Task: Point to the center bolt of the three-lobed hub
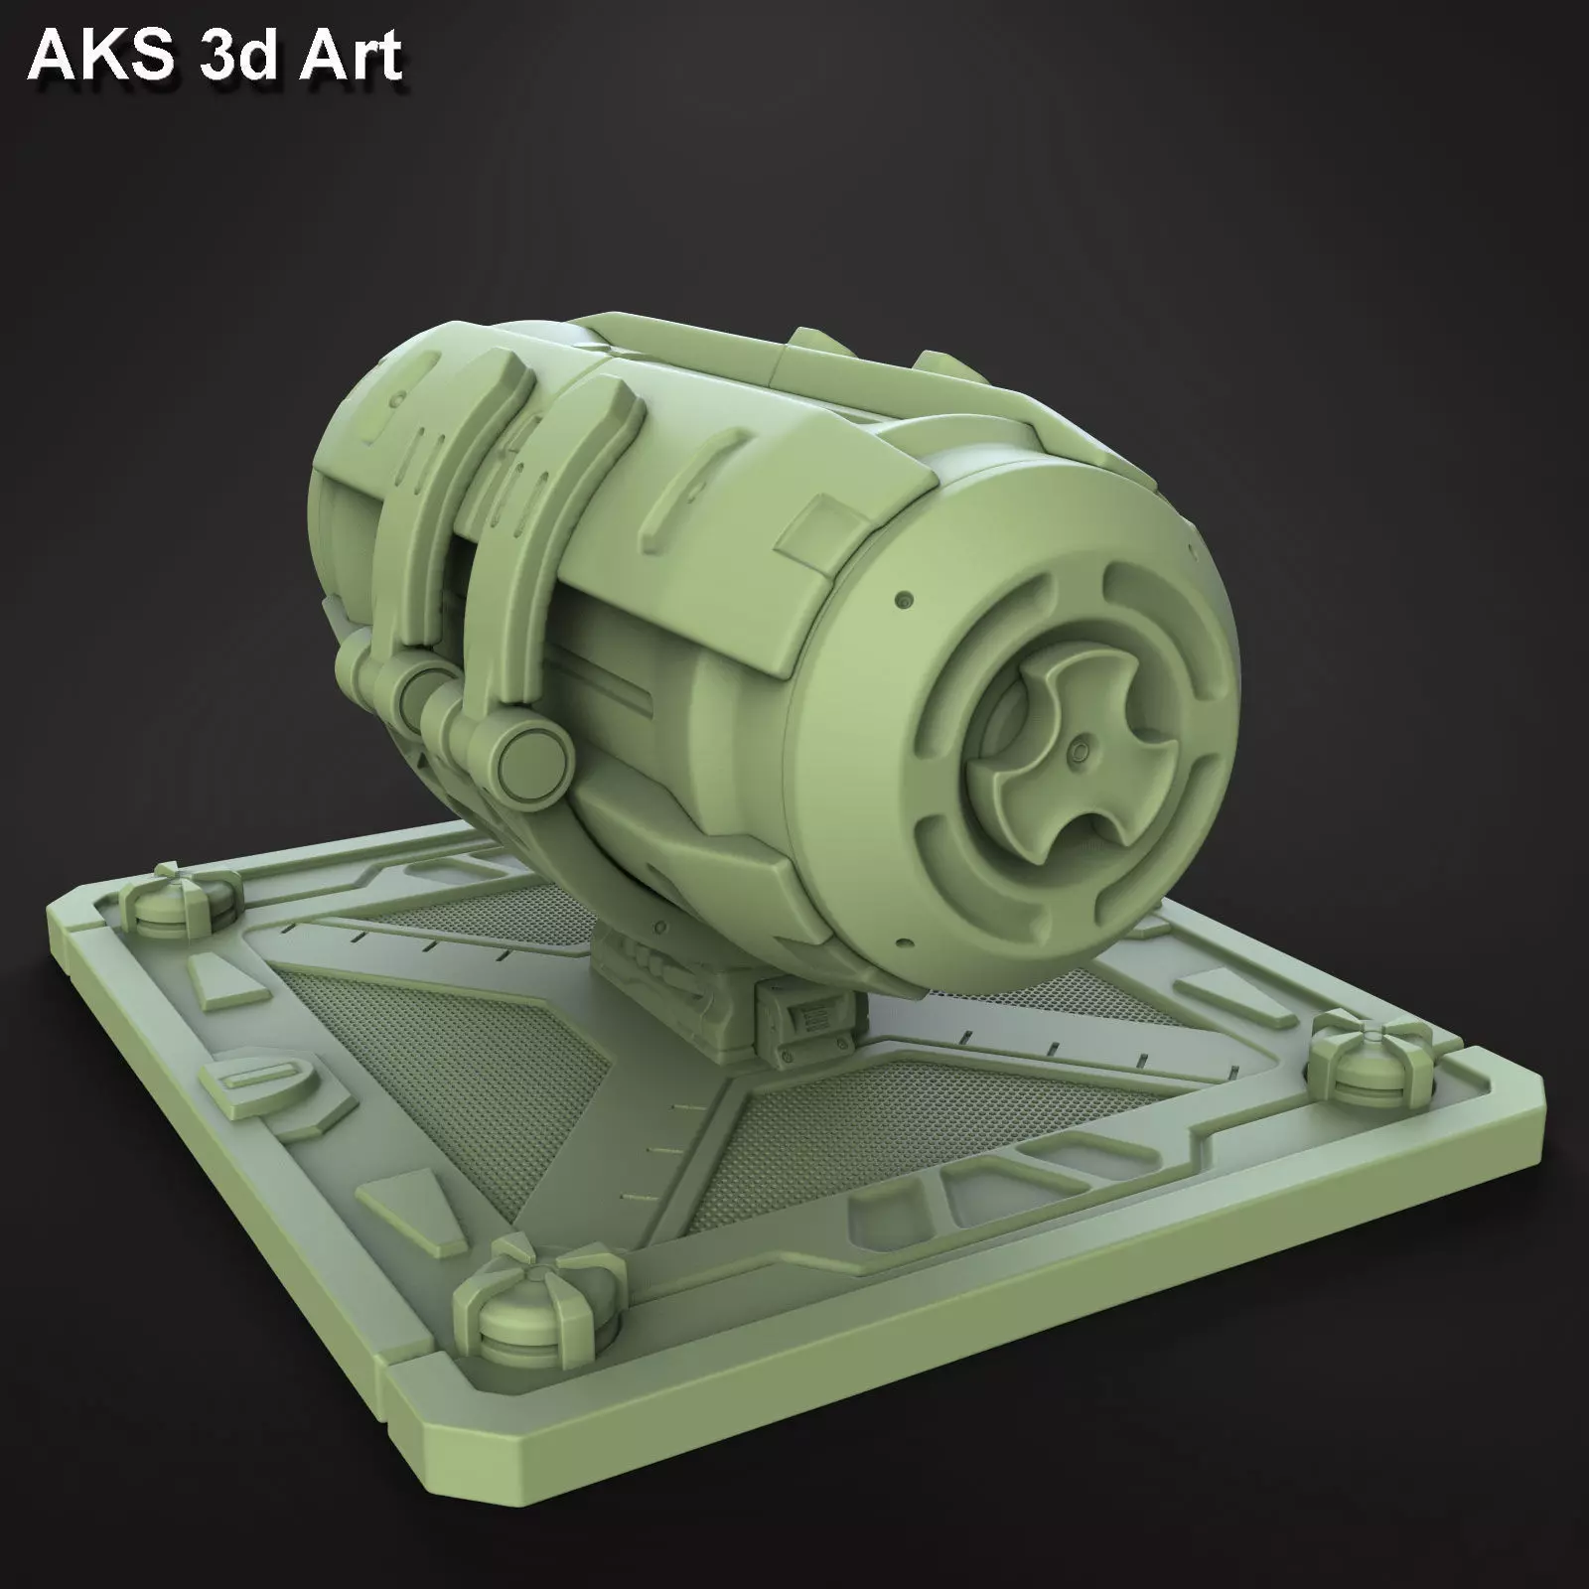click(x=1076, y=757)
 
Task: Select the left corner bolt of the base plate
click(x=181, y=902)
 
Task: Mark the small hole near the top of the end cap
click(x=905, y=601)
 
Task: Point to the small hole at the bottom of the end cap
click(x=902, y=939)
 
